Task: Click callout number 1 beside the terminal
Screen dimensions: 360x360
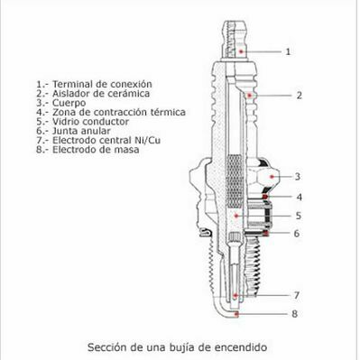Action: [x=288, y=51]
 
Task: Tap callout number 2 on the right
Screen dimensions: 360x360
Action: [x=299, y=96]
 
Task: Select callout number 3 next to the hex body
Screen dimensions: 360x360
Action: [x=297, y=177]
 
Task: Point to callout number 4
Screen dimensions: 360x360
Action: [x=299, y=198]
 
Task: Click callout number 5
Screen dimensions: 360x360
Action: [x=298, y=216]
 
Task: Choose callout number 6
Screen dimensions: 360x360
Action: [x=297, y=234]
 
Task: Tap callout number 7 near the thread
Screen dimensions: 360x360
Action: [x=297, y=295]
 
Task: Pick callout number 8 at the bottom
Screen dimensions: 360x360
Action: [x=295, y=314]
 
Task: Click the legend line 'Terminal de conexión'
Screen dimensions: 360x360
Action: [x=102, y=84]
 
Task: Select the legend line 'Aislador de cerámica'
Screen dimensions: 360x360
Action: [x=101, y=93]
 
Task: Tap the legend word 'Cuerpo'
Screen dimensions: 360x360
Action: [x=69, y=103]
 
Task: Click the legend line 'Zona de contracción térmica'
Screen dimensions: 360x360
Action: [x=119, y=112]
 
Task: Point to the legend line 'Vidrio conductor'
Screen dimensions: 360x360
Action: [x=90, y=122]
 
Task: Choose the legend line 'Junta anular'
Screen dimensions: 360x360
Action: [x=81, y=131]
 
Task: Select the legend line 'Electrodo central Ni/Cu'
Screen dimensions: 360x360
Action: [x=106, y=140]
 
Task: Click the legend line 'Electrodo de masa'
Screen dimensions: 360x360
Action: [x=96, y=150]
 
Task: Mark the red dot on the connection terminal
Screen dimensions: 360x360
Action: [x=241, y=51]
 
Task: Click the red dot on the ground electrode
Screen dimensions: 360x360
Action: [x=236, y=314]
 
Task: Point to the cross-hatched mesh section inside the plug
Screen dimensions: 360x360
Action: [x=235, y=181]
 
